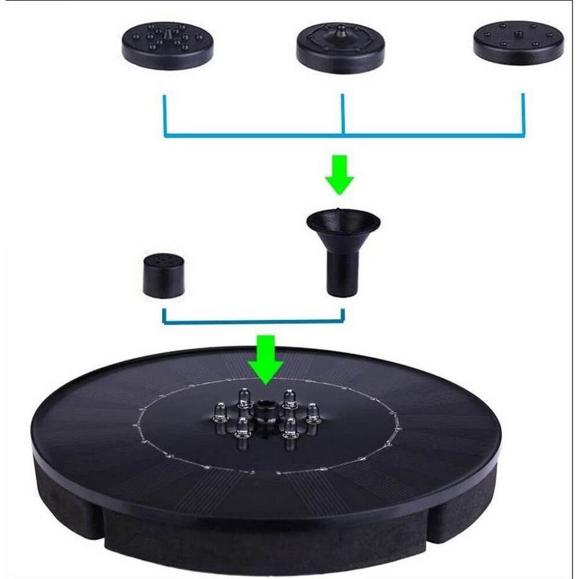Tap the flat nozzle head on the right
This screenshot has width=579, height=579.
click(x=518, y=43)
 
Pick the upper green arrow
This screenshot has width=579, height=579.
click(x=339, y=174)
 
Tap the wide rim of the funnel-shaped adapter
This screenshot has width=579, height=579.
click(x=343, y=220)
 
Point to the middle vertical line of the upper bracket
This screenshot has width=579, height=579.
click(x=343, y=113)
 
